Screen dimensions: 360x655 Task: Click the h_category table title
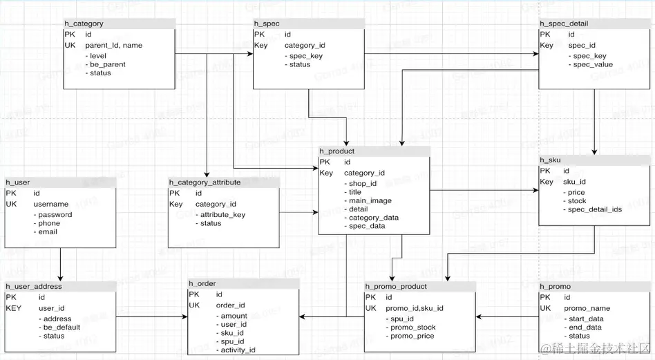click(84, 23)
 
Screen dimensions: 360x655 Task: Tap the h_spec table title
click(267, 23)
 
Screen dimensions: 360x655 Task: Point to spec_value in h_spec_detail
click(593, 64)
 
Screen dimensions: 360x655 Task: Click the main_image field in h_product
click(370, 200)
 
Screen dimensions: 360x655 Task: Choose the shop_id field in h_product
click(363, 183)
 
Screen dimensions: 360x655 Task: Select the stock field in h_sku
click(577, 201)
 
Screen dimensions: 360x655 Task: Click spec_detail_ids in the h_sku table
click(595, 209)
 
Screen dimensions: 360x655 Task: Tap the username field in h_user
click(51, 204)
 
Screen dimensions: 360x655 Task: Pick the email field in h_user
click(48, 231)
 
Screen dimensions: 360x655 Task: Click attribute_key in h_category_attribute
click(222, 215)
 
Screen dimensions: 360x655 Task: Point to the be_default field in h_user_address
click(61, 328)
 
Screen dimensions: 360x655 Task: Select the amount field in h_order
click(234, 316)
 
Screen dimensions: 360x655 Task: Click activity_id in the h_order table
click(238, 350)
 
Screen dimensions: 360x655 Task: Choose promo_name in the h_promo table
click(587, 308)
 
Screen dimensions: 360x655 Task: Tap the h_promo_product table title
click(397, 286)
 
